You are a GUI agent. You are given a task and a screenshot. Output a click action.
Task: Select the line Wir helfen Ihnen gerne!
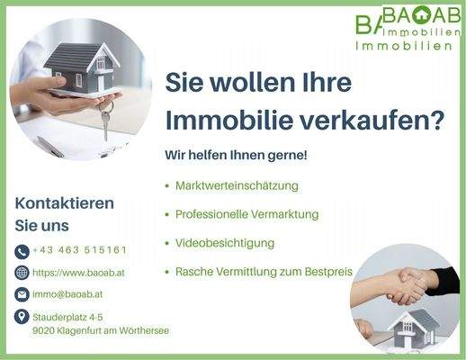tap(236, 156)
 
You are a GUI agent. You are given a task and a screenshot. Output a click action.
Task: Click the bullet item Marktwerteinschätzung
tap(237, 185)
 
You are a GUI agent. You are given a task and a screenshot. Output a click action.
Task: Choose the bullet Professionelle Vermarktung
tap(247, 214)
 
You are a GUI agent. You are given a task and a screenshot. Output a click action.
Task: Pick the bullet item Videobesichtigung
tap(225, 243)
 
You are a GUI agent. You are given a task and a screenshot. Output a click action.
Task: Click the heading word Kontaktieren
tap(64, 203)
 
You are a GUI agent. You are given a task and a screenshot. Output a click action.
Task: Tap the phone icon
tap(22, 251)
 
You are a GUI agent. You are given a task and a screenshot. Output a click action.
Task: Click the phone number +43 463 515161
tap(79, 250)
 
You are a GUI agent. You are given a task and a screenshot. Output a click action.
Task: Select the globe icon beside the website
tap(22, 273)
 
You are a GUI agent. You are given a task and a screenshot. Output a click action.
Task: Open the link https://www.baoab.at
tap(78, 272)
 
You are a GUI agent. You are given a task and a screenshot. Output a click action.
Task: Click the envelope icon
tap(22, 294)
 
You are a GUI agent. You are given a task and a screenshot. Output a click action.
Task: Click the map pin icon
tap(22, 317)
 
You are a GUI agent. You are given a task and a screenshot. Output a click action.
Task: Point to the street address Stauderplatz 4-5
tap(67, 317)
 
